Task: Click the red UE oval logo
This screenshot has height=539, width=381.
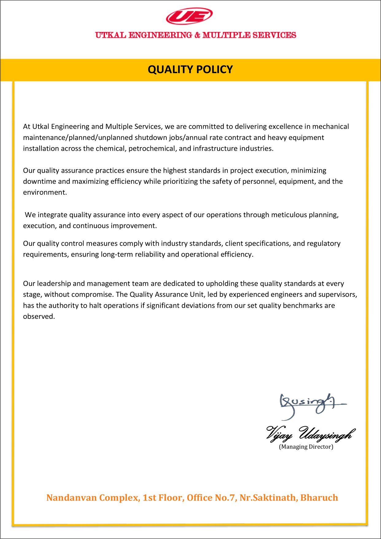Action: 189,16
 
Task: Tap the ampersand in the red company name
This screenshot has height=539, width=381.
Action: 197,35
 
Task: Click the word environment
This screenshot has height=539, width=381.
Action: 44,193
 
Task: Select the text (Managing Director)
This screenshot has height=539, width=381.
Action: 306,447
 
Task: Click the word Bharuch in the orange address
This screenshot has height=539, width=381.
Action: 319,498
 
